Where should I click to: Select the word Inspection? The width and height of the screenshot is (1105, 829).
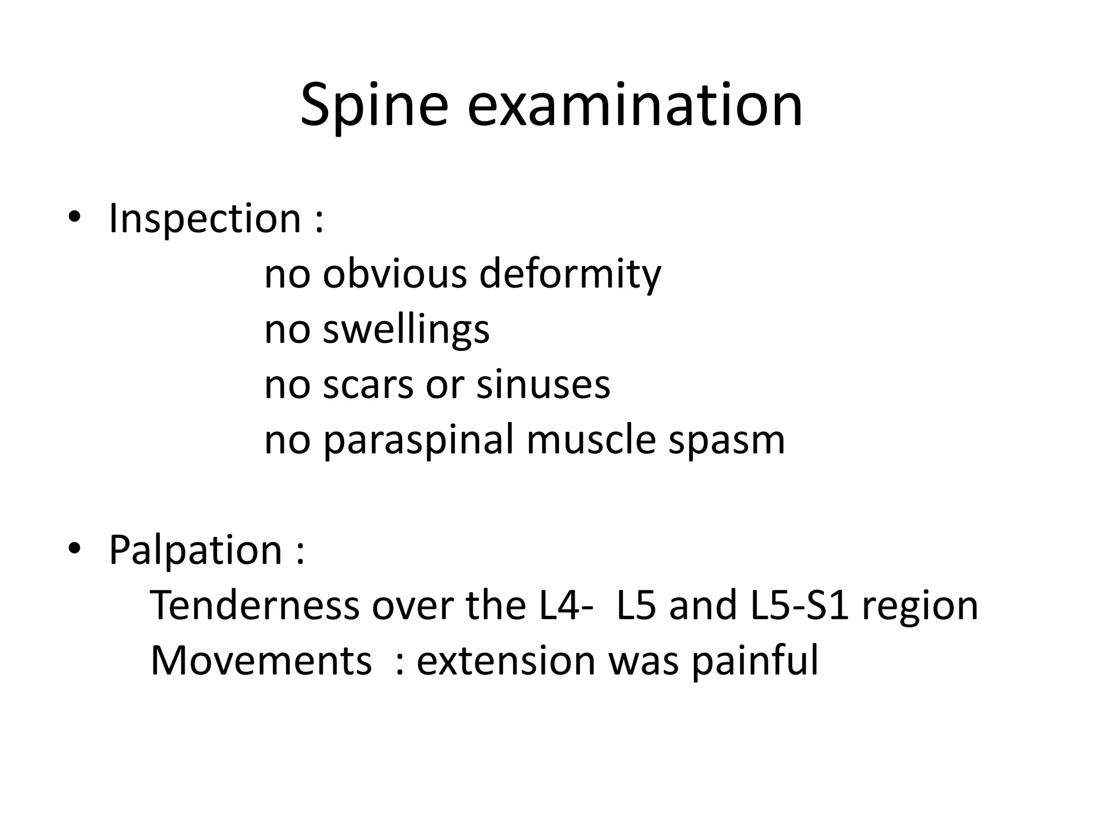click(204, 219)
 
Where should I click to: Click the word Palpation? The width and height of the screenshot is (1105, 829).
click(195, 550)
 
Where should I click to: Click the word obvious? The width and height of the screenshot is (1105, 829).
click(394, 274)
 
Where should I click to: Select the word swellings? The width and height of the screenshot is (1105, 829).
click(406, 329)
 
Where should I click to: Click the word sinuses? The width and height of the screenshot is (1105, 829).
click(543, 385)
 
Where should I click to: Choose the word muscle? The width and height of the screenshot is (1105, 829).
click(591, 440)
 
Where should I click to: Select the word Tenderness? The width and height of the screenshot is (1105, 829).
click(254, 605)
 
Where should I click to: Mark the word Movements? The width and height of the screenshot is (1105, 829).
click(261, 661)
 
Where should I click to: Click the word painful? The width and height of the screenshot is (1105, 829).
click(755, 661)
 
